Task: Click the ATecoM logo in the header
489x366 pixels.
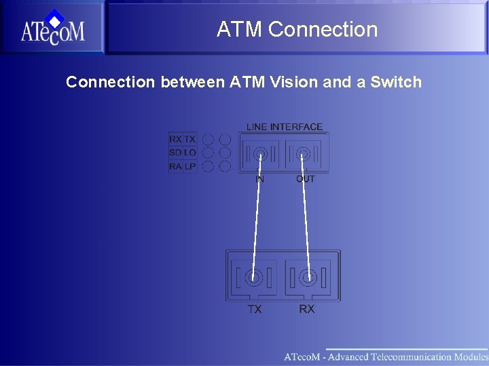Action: [52, 28]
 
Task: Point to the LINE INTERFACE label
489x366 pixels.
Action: [285, 127]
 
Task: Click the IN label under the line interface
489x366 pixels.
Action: [259, 179]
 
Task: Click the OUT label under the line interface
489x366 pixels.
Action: [306, 179]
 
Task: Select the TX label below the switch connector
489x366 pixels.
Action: [254, 309]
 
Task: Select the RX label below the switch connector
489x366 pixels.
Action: [307, 309]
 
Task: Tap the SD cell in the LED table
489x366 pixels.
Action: [175, 152]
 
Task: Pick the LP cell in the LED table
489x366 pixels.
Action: [189, 166]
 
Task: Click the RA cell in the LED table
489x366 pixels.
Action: [175, 166]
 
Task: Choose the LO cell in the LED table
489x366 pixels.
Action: [189, 152]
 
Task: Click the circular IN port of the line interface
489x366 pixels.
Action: [259, 155]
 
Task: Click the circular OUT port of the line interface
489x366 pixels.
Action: [302, 155]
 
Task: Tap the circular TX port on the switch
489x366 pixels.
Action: [254, 277]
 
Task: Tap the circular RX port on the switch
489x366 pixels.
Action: [308, 277]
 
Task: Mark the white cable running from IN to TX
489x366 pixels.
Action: [257, 217]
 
